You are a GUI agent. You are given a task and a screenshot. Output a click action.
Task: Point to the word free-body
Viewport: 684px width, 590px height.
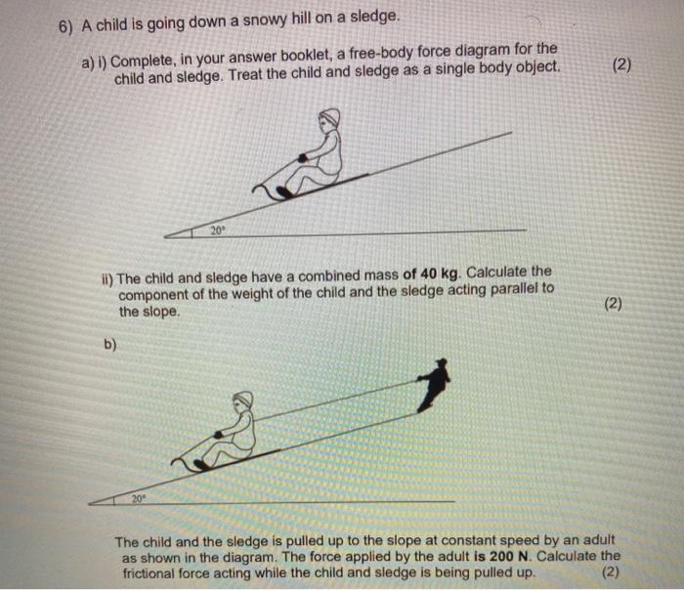click(x=409, y=50)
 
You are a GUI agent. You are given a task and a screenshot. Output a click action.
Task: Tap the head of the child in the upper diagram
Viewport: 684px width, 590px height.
click(x=329, y=119)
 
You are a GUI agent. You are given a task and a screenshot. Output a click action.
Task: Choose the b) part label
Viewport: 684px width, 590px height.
click(x=111, y=343)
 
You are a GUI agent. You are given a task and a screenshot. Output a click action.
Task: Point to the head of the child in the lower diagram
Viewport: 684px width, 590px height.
click(x=242, y=401)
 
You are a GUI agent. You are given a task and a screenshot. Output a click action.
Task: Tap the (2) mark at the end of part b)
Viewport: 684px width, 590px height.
click(x=611, y=572)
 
